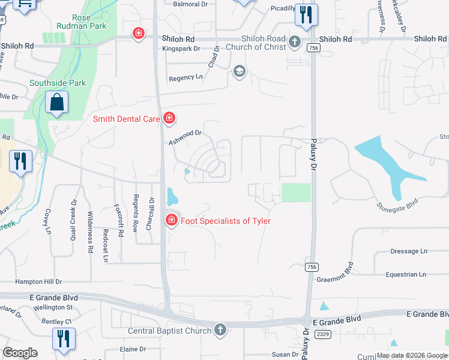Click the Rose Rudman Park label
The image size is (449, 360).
point(81,22)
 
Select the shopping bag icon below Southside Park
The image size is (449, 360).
point(57,103)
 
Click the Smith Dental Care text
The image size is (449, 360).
point(126,119)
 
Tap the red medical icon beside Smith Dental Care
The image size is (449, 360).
point(169,118)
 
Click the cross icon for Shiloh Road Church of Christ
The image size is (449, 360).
point(294,42)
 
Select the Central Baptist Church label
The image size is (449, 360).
point(170,331)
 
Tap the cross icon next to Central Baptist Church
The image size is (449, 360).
point(220,329)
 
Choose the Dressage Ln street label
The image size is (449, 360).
point(408,251)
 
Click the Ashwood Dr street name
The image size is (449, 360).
point(184,133)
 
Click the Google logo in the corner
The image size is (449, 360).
point(20,353)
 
